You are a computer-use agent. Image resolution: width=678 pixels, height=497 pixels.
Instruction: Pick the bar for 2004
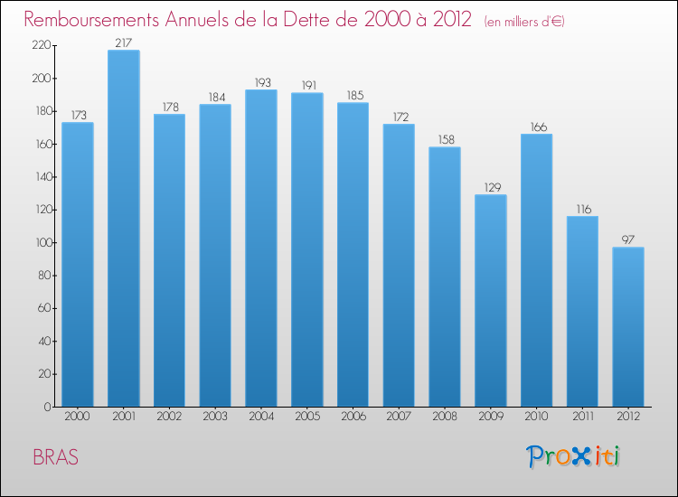[261, 248]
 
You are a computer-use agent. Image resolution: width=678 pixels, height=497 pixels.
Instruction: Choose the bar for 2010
[536, 270]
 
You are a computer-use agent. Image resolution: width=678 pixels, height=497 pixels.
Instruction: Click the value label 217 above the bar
[123, 42]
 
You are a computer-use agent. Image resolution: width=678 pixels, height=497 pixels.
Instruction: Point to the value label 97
[628, 239]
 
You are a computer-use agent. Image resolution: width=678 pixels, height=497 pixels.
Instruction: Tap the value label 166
[536, 127]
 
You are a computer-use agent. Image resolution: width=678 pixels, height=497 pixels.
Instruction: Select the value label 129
[490, 187]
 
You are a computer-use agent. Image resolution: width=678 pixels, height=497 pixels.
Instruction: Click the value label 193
[261, 82]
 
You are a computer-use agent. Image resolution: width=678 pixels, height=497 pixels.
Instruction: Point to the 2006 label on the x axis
[353, 417]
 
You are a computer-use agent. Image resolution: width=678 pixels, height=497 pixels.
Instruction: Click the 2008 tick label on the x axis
[445, 417]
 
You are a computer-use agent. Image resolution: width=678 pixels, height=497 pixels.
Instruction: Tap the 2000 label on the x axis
[78, 417]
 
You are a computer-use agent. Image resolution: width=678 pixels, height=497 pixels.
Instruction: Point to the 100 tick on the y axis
[42, 242]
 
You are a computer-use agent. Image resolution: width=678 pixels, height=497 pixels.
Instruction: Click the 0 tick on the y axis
[48, 407]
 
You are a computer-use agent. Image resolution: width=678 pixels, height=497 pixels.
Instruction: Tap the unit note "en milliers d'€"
[524, 21]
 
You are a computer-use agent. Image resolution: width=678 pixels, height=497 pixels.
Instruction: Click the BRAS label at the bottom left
[55, 457]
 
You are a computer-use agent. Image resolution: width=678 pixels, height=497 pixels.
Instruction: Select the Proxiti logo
[573, 456]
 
